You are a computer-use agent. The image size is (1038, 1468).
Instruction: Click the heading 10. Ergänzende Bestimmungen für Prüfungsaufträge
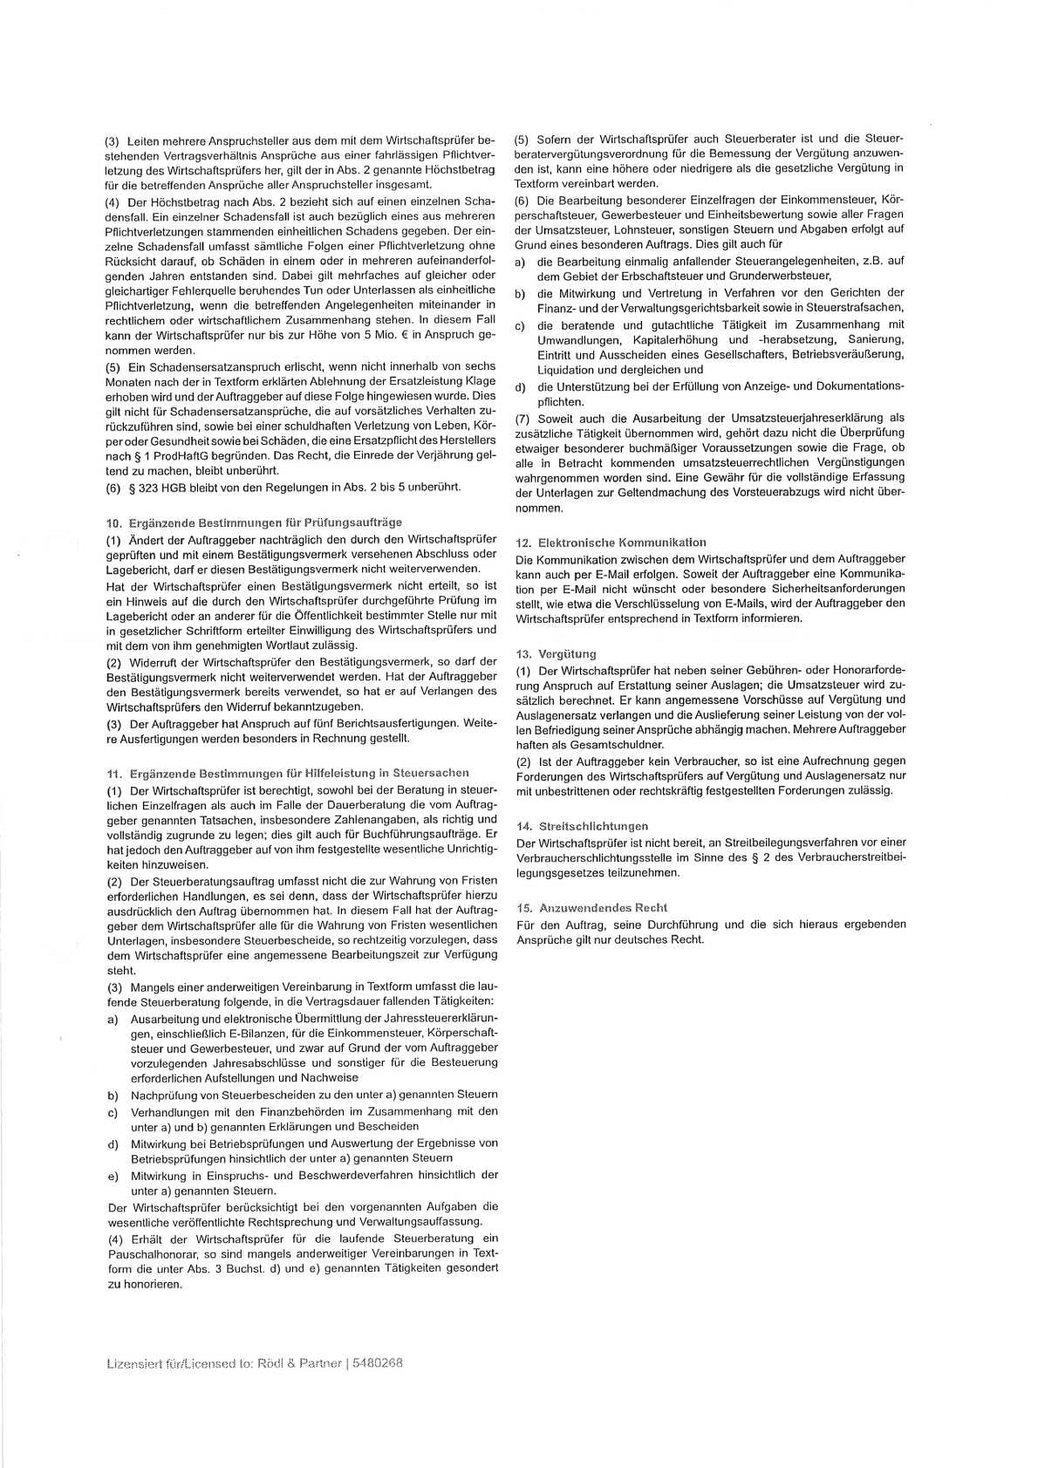254,522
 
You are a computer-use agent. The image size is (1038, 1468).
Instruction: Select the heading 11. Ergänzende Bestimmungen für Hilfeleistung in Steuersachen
287,773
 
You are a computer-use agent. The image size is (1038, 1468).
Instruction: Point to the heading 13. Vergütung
556,654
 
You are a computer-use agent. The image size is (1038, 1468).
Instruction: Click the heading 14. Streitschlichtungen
582,826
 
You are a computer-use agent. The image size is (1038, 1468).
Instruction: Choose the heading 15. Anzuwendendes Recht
591,908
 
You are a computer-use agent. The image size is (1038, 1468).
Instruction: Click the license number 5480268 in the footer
380,1363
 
